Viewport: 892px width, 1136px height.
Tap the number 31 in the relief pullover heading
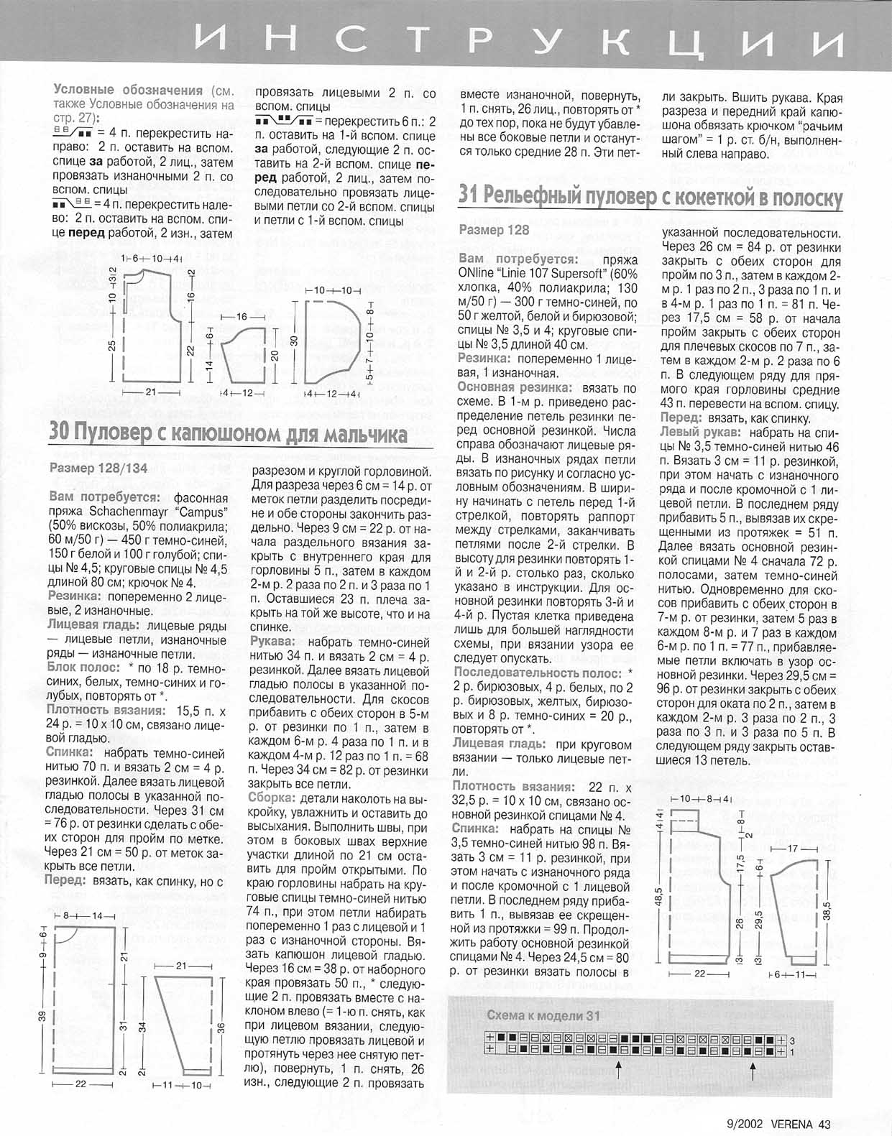(469, 194)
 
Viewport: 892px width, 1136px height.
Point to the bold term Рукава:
(272, 640)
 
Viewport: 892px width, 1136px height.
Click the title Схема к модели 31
(543, 1015)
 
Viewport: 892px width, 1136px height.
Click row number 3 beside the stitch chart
(792, 1040)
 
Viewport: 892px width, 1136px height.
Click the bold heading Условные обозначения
(127, 91)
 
